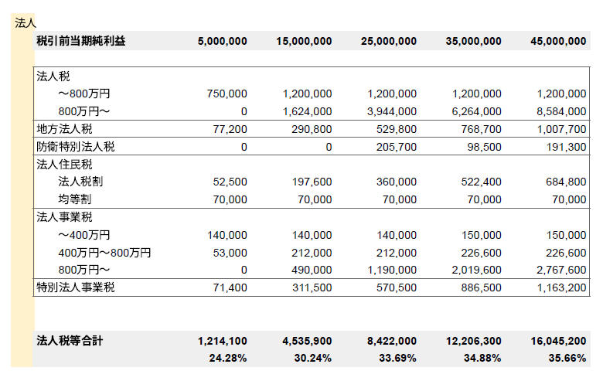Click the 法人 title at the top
click(x=26, y=23)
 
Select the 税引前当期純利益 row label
click(x=80, y=41)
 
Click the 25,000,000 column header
click(x=389, y=41)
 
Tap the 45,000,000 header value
click(x=558, y=41)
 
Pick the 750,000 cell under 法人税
click(x=227, y=94)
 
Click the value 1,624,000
click(x=307, y=111)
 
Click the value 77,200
click(x=230, y=129)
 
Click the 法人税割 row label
click(x=80, y=182)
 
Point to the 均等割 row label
click(x=74, y=199)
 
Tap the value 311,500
click(x=312, y=288)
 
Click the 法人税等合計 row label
click(x=70, y=341)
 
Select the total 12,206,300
click(x=473, y=341)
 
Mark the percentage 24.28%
click(x=228, y=359)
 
